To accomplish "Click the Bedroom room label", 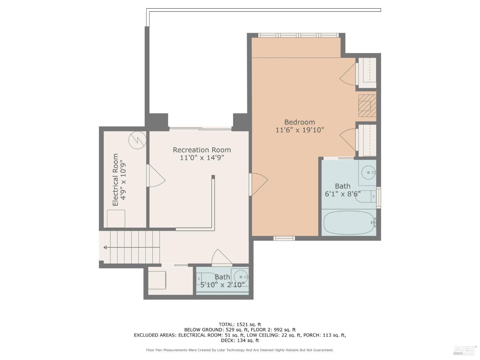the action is tap(300, 122).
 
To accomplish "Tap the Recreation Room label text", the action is tap(202, 150).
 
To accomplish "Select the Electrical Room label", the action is tap(115, 180).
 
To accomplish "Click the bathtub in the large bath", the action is tap(349, 222).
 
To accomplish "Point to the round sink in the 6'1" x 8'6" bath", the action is tap(368, 172).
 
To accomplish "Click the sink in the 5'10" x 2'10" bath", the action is tap(241, 277).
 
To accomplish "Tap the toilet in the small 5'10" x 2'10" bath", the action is tap(207, 278).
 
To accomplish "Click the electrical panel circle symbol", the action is tap(137, 140).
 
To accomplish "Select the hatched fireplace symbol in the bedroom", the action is tap(367, 106).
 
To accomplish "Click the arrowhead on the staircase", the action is tap(105, 247).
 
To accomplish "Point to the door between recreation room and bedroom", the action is tap(258, 184).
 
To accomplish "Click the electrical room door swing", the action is tap(156, 176).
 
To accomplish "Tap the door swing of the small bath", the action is tap(222, 258).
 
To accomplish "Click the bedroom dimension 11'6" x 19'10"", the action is tap(300, 130).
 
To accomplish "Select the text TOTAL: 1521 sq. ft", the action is tap(240, 324).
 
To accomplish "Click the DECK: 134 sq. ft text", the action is tap(240, 340).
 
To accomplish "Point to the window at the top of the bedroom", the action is tap(298, 35).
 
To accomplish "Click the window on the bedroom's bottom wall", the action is tap(284, 238).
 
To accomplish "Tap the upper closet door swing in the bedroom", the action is tap(348, 74).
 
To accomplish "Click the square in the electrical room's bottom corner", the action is tap(116, 219).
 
